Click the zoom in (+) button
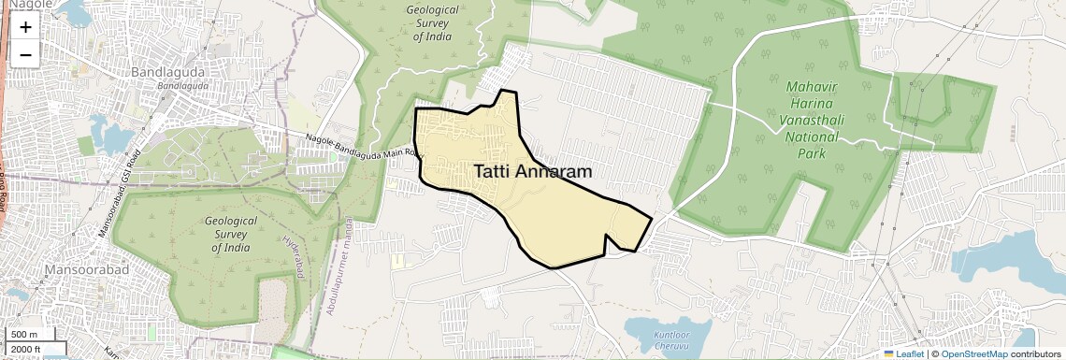[25, 28]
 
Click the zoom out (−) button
[25, 54]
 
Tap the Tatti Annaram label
[533, 172]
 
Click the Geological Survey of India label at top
[431, 22]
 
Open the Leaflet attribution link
[903, 353]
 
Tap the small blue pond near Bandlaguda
[110, 137]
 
